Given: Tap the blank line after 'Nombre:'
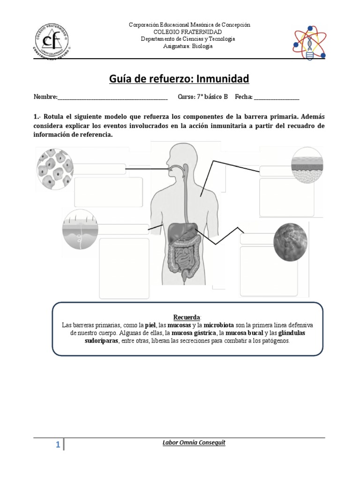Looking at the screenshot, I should click(x=112, y=97).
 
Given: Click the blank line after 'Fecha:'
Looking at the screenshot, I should click(x=276, y=97).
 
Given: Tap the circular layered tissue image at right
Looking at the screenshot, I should click(x=307, y=165).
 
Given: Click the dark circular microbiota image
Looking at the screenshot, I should click(x=291, y=241).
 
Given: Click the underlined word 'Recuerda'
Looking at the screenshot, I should click(x=187, y=317).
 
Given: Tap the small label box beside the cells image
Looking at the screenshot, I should click(x=99, y=168).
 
